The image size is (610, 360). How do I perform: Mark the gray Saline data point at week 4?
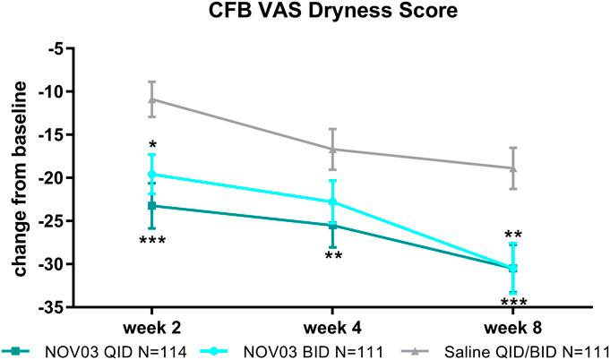333,149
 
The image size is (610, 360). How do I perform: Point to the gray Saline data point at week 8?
513,167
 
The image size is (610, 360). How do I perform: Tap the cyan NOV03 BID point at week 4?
333,201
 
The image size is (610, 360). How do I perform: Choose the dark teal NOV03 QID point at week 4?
333,225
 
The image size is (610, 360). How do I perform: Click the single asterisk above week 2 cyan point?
153,145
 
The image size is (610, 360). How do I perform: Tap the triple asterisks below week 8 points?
513,303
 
